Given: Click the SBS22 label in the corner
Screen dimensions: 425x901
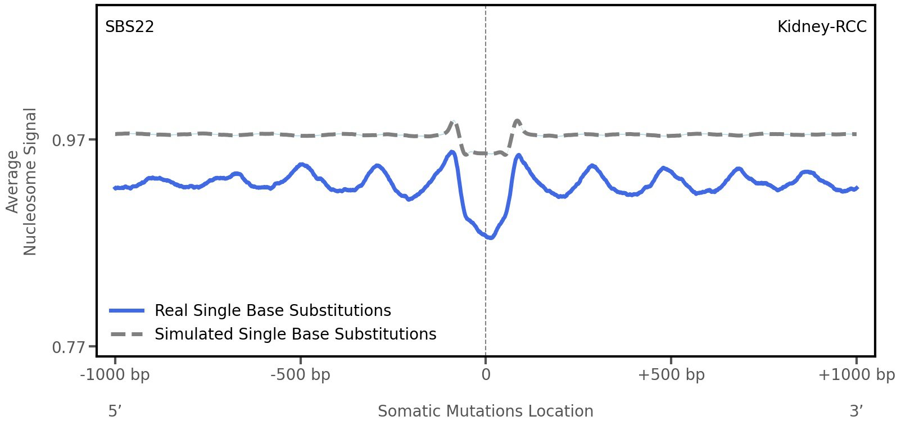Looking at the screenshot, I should click(129, 27).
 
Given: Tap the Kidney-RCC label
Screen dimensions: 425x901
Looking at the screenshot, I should click(821, 27).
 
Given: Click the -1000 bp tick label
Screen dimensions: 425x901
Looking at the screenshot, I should click(115, 375).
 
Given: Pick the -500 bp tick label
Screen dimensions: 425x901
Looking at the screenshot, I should click(300, 375).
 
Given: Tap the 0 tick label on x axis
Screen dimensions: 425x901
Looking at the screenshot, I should click(486, 375).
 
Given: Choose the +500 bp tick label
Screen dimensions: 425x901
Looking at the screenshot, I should click(671, 375).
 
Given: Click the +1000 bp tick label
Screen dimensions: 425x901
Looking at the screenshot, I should click(856, 375).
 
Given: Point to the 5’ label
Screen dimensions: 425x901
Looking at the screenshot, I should click(115, 411).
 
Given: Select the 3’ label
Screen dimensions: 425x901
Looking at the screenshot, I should click(856, 411).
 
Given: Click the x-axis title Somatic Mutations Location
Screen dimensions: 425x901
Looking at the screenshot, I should click(486, 411).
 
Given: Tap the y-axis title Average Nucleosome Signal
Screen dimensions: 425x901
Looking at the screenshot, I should click(21, 181).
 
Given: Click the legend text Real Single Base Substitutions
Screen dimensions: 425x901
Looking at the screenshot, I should click(273, 310).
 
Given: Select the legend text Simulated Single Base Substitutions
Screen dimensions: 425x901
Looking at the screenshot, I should click(295, 334).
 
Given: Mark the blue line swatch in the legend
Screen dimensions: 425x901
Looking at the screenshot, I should click(128, 310).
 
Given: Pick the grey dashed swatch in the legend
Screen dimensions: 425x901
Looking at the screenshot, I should click(128, 334).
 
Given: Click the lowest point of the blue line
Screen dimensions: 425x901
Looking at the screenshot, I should click(491, 238).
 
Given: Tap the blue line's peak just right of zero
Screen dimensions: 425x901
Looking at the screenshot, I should click(518, 155).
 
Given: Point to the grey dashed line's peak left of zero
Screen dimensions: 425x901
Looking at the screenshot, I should click(452, 121).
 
